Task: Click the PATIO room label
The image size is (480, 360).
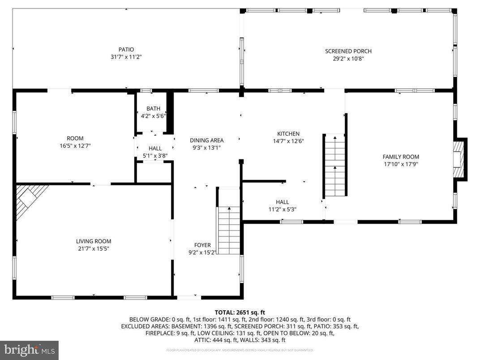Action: (x=126, y=49)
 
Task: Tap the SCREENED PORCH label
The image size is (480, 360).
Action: (x=348, y=51)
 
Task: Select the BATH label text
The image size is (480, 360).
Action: (x=153, y=109)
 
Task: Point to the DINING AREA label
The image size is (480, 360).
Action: (x=206, y=140)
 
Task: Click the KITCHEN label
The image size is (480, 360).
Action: (x=288, y=133)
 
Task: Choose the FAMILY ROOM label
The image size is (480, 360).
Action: (x=400, y=157)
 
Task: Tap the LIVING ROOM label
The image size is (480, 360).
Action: (x=94, y=241)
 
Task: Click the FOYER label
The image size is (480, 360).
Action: (x=202, y=245)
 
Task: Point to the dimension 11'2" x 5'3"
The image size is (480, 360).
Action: (x=282, y=209)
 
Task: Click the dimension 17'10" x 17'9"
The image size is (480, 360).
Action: (x=400, y=164)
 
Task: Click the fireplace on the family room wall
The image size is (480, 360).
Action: (x=459, y=160)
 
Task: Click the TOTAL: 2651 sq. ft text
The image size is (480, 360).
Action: (x=240, y=312)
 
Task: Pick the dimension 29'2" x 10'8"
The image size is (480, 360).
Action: (x=348, y=58)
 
